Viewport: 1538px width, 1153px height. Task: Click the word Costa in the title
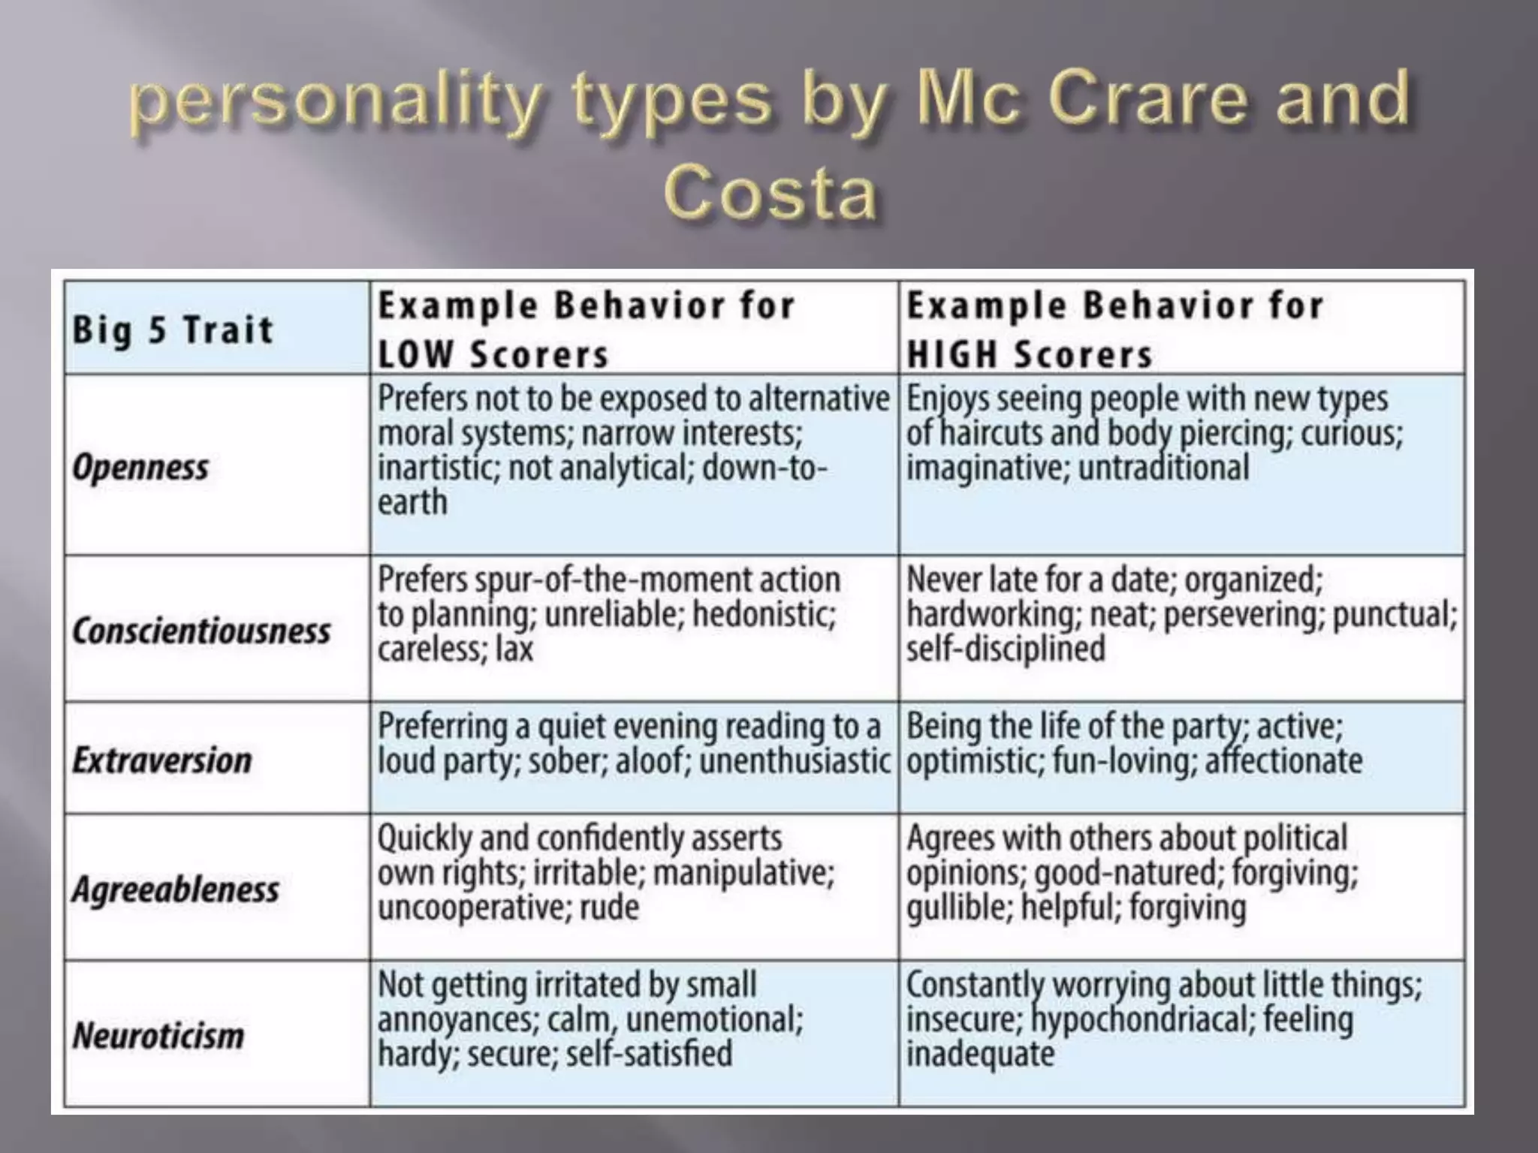pos(771,194)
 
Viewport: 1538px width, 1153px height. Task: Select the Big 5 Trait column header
pos(173,330)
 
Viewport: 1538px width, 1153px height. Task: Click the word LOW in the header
pos(415,354)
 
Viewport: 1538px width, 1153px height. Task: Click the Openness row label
pos(140,467)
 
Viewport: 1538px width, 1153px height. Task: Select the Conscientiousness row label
pos(201,631)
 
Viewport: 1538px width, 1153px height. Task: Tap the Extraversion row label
pos(162,760)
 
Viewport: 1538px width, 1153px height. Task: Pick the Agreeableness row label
pos(176,890)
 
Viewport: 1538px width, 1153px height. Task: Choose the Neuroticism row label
pos(158,1036)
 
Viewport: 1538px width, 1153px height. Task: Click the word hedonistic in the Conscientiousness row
pos(763,615)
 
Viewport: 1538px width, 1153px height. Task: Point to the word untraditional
pos(1163,468)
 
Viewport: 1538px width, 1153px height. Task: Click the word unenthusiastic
pos(795,761)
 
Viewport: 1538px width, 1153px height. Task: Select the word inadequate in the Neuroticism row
pos(980,1054)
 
